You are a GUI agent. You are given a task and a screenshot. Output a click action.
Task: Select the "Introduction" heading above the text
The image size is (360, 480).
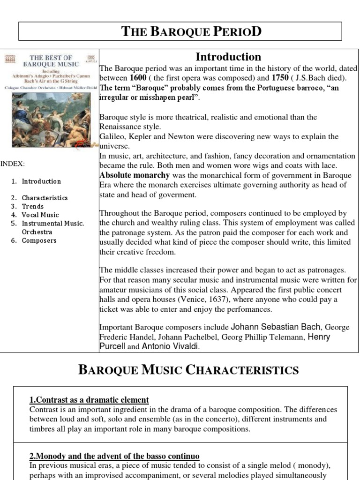pyautogui.click(x=228, y=57)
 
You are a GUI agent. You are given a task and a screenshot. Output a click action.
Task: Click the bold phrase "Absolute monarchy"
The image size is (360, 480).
pyautogui.click(x=134, y=175)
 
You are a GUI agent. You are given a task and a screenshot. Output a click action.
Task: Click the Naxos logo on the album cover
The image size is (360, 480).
pyautogui.click(x=9, y=59)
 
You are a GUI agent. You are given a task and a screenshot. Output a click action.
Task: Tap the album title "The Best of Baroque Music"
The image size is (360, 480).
pyautogui.click(x=52, y=61)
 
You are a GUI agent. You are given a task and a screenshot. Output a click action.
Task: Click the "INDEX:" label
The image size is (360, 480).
pyautogui.click(x=13, y=164)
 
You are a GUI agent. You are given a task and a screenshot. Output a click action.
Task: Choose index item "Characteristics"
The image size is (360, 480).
pyautogui.click(x=45, y=198)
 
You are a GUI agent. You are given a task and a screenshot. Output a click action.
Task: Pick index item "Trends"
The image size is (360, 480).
pyautogui.click(x=33, y=206)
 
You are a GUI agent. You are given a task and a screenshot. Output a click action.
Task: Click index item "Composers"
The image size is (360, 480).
pyautogui.click(x=39, y=240)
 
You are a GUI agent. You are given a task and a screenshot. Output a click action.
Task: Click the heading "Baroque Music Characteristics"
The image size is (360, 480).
pyautogui.click(x=188, y=370)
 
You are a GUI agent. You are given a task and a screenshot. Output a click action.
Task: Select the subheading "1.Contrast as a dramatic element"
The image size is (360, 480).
pyautogui.click(x=89, y=400)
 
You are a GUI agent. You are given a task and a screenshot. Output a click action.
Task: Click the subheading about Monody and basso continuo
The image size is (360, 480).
pyautogui.click(x=114, y=456)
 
